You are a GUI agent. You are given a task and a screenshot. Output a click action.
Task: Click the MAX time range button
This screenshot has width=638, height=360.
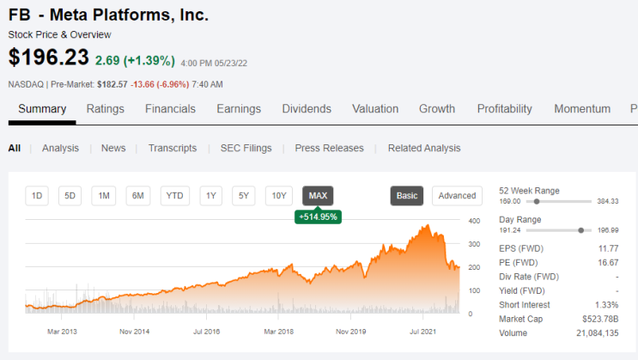pos(318,196)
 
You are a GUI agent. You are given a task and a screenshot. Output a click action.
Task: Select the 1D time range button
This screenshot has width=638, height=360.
pos(37,196)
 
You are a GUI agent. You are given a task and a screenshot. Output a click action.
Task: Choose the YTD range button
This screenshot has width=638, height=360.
pos(174,196)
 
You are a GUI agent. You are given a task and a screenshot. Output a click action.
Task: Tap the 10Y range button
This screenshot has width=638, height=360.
pos(279,196)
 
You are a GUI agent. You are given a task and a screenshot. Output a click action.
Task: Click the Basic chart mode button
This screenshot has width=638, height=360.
pos(407,196)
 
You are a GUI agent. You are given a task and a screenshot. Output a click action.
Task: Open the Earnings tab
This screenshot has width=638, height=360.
pos(239,109)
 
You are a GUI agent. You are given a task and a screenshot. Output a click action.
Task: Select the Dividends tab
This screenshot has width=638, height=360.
pos(307,109)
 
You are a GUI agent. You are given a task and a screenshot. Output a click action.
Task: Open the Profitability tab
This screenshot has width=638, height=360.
pos(505,109)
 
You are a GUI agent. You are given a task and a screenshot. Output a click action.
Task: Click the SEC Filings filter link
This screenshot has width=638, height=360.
pos(246,149)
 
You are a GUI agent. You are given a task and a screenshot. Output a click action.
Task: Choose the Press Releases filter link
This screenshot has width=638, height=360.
pos(329,149)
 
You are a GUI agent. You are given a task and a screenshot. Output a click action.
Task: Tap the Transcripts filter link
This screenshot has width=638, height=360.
pos(173,149)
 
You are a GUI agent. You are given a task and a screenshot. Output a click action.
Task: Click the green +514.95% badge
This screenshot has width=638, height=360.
pos(319,217)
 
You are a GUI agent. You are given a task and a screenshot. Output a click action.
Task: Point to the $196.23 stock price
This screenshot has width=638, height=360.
pos(48,57)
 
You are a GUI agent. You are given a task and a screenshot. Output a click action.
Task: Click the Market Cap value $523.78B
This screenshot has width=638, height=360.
pos(600,319)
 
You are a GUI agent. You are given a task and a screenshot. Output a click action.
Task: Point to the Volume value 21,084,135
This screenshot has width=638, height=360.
pos(598,333)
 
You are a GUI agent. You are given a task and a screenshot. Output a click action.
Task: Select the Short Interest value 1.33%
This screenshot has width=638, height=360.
pos(607,305)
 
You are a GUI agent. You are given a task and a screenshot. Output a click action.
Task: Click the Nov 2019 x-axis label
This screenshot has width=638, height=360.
pos(350,332)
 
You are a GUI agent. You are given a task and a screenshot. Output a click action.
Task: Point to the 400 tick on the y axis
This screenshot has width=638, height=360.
pos(475,221)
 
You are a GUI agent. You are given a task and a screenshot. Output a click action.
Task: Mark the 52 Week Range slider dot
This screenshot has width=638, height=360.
pos(537,201)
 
